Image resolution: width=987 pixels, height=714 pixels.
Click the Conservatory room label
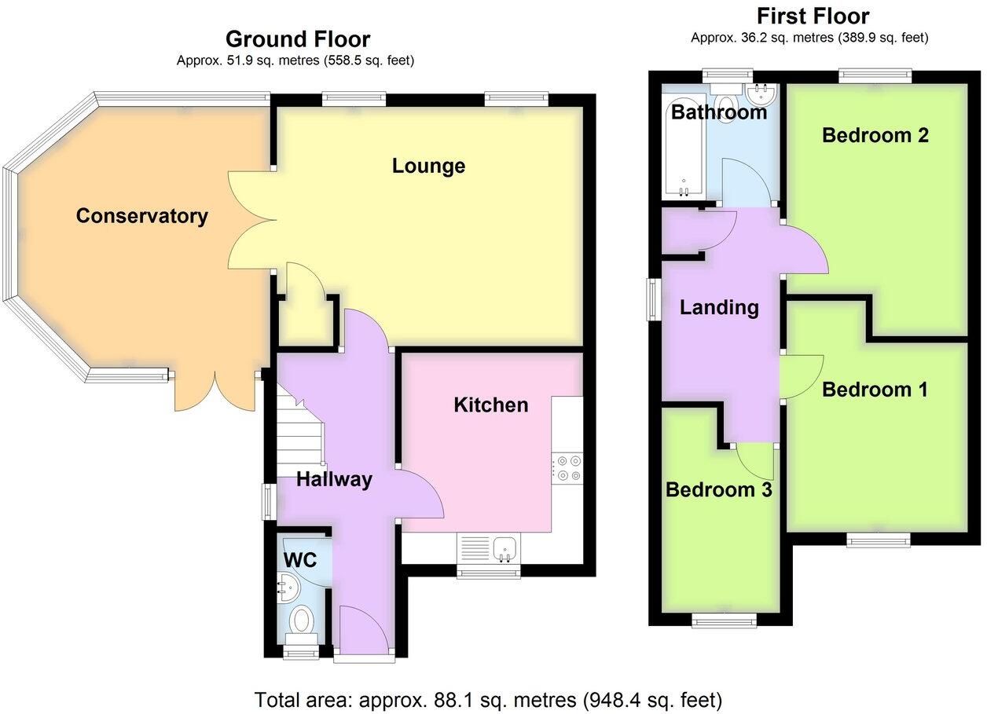click(x=141, y=216)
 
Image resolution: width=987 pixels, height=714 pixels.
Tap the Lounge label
click(x=428, y=166)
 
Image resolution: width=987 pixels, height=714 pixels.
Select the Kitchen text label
click(x=491, y=405)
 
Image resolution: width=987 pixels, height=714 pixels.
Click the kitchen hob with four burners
click(x=566, y=467)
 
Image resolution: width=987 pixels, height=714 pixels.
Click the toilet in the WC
click(x=301, y=621)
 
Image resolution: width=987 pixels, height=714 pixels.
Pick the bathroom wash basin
click(x=760, y=96)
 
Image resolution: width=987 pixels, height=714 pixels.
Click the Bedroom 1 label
click(x=875, y=390)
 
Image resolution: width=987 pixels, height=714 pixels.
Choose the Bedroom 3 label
click(x=718, y=490)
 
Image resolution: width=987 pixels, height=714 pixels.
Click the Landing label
click(x=719, y=307)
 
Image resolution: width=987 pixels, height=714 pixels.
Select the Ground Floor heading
click(x=297, y=38)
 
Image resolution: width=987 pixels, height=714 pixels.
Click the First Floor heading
click(x=813, y=16)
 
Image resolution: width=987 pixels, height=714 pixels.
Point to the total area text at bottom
click(x=488, y=698)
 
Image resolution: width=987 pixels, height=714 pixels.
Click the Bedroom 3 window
click(x=724, y=621)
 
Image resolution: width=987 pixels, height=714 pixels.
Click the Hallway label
click(x=333, y=480)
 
